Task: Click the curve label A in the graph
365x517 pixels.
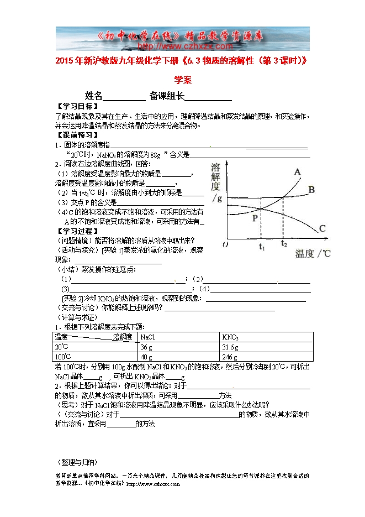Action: [x=297, y=172]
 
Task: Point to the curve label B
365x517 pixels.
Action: [x=311, y=190]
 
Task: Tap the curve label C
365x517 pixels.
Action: [x=322, y=228]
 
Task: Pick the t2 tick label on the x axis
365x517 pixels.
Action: [x=284, y=243]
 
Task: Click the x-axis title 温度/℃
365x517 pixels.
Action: [x=313, y=254]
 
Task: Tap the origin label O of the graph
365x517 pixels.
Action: [x=224, y=244]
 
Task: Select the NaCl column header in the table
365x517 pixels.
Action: [x=148, y=337]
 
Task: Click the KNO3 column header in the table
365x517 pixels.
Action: [x=230, y=337]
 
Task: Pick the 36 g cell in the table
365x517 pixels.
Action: [x=146, y=347]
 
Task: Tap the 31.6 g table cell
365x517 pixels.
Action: [x=230, y=347]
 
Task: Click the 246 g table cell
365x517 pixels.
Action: [x=229, y=357]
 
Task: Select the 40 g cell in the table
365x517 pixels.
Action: [x=146, y=357]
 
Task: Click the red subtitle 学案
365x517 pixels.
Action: [x=183, y=80]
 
